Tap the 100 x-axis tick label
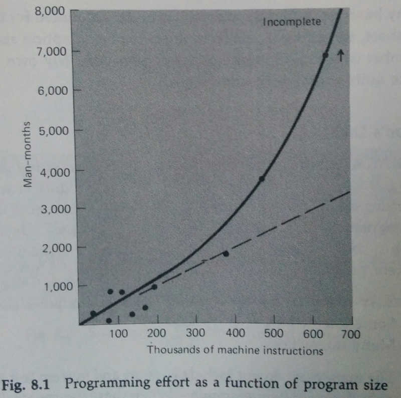pyautogui.click(x=118, y=334)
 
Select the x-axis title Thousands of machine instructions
pyautogui.click(x=235, y=350)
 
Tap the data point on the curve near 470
pyautogui.click(x=261, y=178)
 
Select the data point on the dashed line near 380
pyautogui.click(x=226, y=254)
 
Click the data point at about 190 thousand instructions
pyautogui.click(x=154, y=287)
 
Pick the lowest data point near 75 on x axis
pyautogui.click(x=109, y=320)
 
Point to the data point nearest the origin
pyautogui.click(x=93, y=313)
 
